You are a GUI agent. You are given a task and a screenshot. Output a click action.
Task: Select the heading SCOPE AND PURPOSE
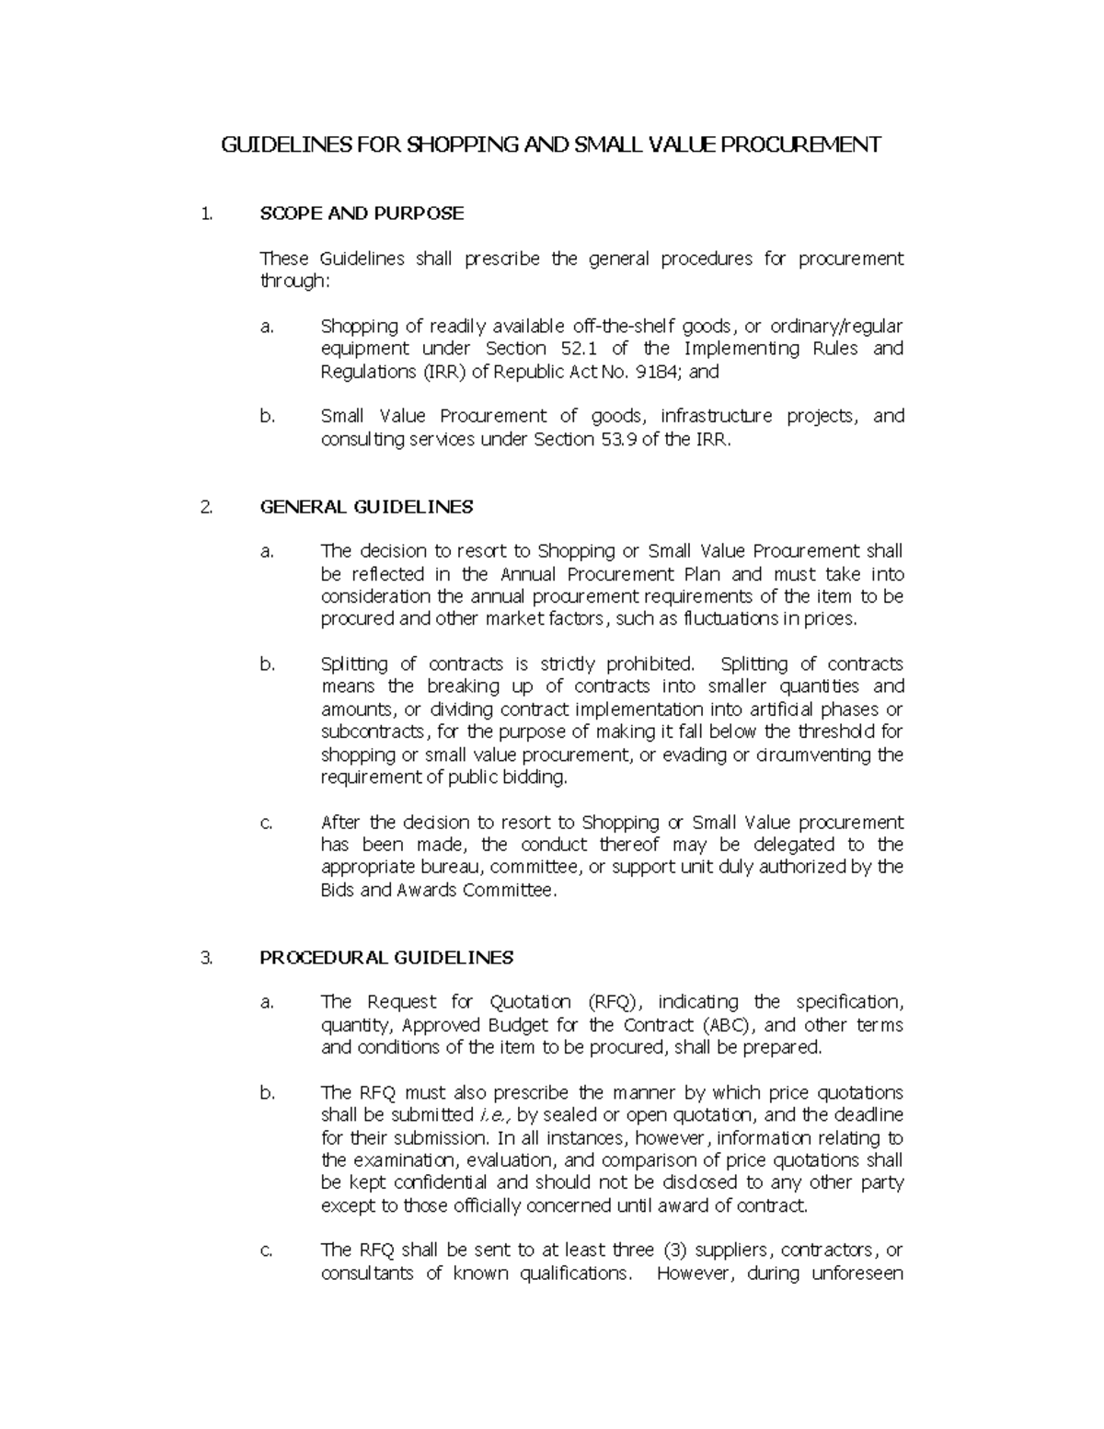point(362,213)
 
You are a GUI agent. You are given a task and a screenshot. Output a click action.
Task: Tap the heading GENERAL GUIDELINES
point(366,506)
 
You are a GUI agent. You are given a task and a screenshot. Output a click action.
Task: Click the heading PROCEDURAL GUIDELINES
point(386,957)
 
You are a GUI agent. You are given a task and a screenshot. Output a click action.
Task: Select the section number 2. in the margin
point(206,506)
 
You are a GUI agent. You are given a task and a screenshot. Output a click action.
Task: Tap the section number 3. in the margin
point(206,957)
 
